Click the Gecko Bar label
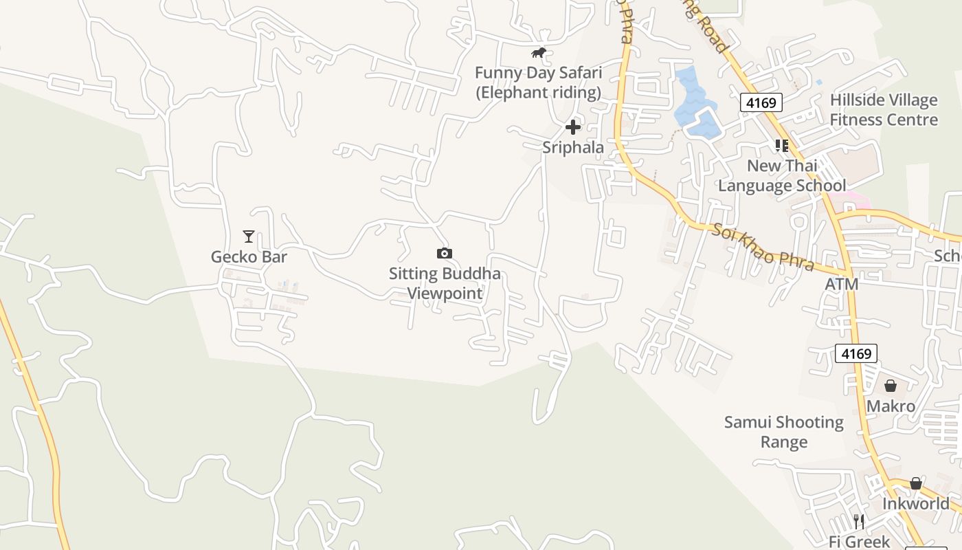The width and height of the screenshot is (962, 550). click(249, 257)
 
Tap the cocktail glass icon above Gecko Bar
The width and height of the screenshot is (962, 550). click(249, 236)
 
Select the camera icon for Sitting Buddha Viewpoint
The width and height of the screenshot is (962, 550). click(445, 253)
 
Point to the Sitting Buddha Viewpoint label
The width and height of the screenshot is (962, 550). click(445, 283)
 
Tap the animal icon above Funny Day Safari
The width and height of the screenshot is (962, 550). click(539, 53)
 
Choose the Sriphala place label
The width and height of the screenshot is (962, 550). click(573, 147)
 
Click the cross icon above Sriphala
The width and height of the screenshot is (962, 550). click(573, 126)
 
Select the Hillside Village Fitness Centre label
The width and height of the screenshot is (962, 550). click(883, 110)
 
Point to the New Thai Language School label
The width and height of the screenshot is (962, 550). click(782, 175)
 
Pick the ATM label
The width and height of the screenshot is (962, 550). click(841, 284)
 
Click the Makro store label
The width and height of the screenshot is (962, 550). click(891, 406)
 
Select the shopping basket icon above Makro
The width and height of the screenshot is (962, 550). click(891, 386)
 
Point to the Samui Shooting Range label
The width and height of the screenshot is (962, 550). click(784, 432)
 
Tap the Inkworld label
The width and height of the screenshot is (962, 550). click(915, 504)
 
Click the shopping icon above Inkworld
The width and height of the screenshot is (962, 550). click(915, 483)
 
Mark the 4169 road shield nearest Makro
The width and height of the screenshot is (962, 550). click(856, 353)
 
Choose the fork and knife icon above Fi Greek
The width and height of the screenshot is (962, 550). click(858, 521)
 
